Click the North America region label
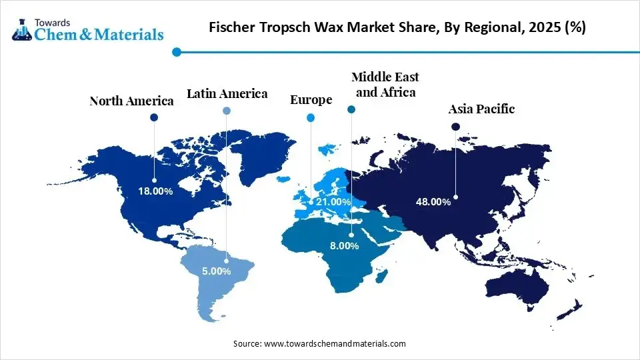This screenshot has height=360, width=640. click(x=131, y=101)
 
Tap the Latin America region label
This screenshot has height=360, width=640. click(x=227, y=94)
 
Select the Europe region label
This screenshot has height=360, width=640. click(x=311, y=100)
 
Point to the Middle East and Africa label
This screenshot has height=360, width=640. click(x=385, y=85)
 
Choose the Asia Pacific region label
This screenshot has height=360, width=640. click(x=481, y=109)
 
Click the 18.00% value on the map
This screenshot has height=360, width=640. click(x=155, y=191)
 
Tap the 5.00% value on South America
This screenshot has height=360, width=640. click(x=216, y=271)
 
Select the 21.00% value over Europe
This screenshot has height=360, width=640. click(x=333, y=201)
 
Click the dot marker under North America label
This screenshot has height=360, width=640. click(x=154, y=117)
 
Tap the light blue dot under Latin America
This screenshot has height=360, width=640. click(x=227, y=111)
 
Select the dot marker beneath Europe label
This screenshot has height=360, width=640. click(x=310, y=118)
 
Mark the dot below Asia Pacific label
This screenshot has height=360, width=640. click(x=455, y=127)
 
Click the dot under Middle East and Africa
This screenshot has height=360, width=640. click(x=351, y=109)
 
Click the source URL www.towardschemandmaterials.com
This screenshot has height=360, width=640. click(x=335, y=343)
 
